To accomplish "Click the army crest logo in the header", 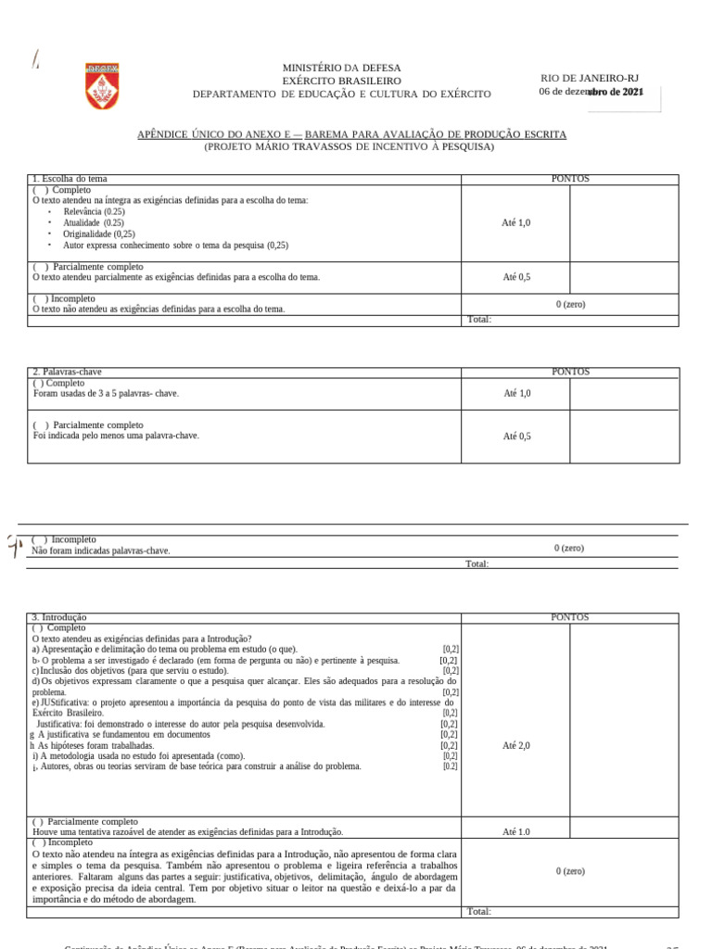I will click(x=97, y=84).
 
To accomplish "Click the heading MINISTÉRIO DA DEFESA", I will click(x=342, y=69).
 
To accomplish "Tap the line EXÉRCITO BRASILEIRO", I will click(x=342, y=82).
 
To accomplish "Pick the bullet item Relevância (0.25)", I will click(x=94, y=212).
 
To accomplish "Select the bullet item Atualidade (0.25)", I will click(x=94, y=223).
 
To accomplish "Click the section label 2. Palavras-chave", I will click(x=68, y=372).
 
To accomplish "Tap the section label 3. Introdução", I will click(x=59, y=617).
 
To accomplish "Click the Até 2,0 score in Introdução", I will click(x=516, y=746).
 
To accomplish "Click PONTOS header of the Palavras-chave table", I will click(x=570, y=372).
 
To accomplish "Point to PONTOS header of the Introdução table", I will click(x=570, y=617).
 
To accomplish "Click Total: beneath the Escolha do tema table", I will click(x=479, y=320).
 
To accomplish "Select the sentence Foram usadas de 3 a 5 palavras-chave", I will click(x=106, y=394).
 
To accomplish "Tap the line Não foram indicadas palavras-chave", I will click(x=101, y=550).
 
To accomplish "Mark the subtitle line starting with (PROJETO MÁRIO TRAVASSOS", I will click(x=350, y=147).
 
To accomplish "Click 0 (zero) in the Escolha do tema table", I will click(x=570, y=305).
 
